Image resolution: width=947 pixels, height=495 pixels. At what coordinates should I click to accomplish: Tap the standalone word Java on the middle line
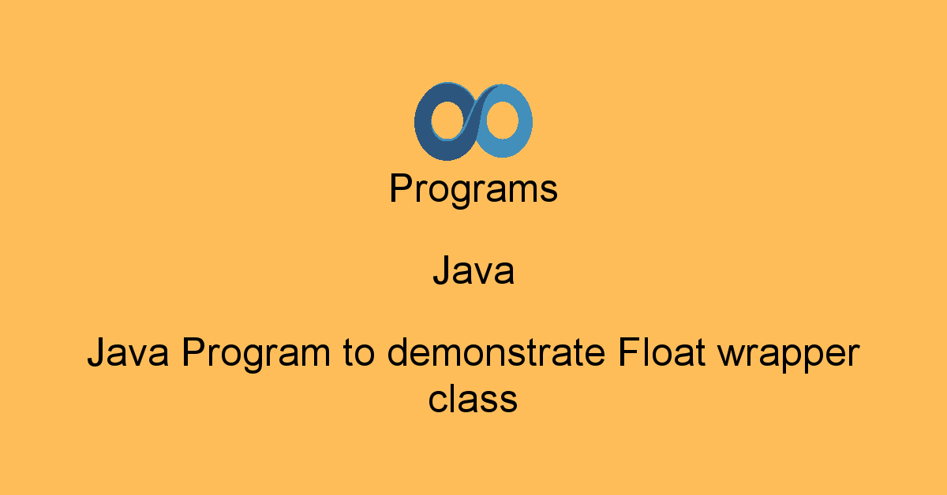473,272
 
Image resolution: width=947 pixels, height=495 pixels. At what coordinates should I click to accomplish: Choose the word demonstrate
496,354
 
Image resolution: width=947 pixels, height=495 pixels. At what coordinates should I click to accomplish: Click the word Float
660,354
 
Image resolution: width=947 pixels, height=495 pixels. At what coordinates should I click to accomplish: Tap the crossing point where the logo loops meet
473,121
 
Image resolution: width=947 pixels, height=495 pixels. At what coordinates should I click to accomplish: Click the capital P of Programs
400,190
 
